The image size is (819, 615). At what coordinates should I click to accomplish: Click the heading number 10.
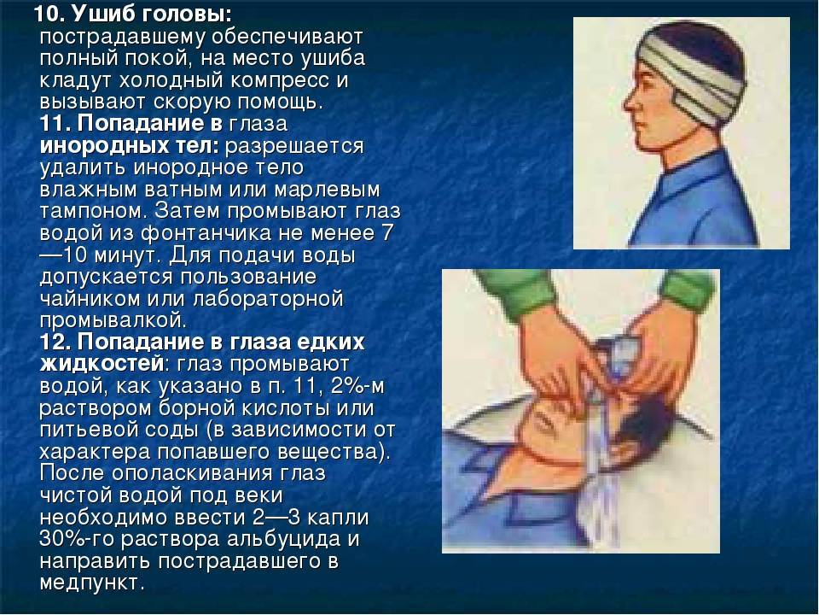coord(49,15)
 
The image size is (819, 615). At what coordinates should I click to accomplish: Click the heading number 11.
coord(56,123)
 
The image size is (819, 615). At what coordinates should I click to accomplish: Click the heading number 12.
coord(56,342)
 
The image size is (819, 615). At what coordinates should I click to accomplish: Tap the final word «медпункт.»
coord(91,583)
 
